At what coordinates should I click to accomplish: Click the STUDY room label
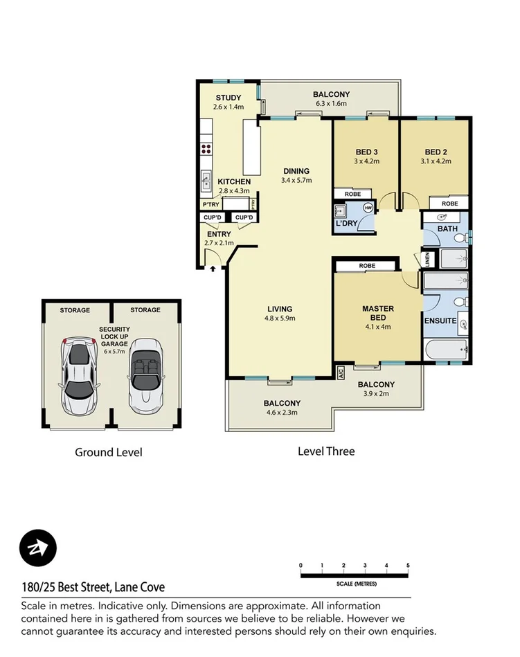point(228,98)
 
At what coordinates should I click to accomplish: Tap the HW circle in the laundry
point(368,208)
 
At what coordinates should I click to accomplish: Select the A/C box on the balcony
point(341,372)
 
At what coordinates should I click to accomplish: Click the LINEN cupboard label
point(428,259)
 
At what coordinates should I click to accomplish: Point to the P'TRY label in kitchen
point(209,204)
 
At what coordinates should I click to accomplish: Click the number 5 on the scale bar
point(409,566)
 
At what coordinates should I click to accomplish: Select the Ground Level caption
point(109,453)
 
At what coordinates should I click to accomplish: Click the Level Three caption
point(326,451)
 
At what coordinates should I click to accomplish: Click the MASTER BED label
point(378,314)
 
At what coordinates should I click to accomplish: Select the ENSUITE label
point(440,321)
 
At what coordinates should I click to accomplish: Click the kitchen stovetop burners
point(206,147)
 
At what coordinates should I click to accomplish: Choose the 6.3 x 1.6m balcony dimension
point(331,104)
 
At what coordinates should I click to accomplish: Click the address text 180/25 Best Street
point(93,588)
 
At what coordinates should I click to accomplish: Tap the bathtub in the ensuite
point(447,350)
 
